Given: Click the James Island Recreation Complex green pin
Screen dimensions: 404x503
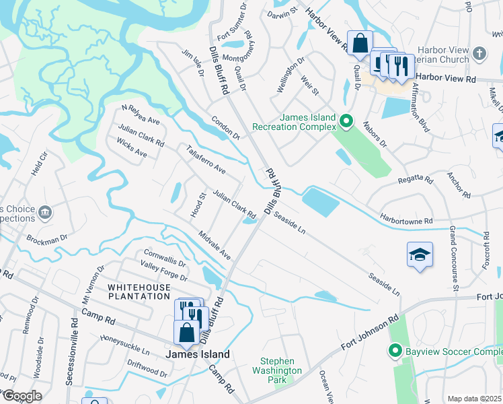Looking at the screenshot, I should (346, 122).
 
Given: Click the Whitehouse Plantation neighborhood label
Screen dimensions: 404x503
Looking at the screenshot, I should (141, 292).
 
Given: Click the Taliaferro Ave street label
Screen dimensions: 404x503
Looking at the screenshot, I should (206, 160).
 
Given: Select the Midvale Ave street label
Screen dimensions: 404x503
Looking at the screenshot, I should (215, 246).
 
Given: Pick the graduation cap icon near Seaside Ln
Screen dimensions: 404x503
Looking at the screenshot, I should (420, 255).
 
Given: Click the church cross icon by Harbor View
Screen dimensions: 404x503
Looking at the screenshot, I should (479, 53).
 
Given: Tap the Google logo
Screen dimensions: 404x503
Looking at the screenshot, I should (22, 397).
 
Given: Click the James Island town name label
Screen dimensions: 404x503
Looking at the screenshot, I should (198, 354).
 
